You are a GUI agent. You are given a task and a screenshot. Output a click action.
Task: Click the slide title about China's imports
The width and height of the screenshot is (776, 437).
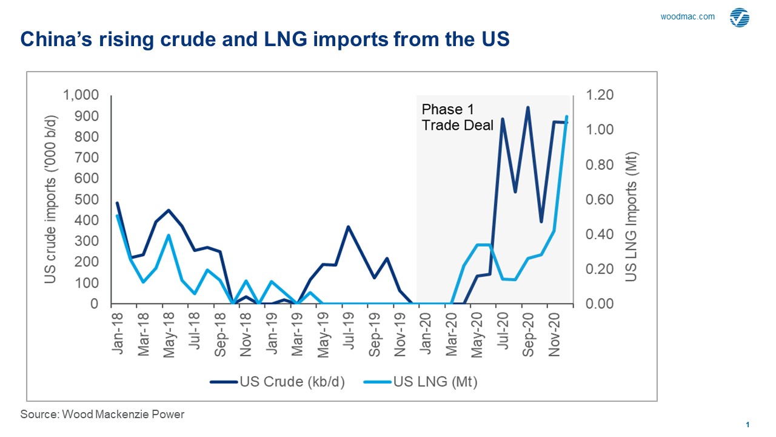[266, 39]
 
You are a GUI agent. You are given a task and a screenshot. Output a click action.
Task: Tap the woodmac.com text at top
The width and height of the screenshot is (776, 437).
[687, 17]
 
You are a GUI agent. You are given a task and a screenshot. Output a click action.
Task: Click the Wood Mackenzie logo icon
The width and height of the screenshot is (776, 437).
[739, 18]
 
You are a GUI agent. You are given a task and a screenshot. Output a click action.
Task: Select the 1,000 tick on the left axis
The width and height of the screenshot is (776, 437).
[81, 95]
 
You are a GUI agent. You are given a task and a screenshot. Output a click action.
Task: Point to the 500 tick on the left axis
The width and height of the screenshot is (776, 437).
[87, 200]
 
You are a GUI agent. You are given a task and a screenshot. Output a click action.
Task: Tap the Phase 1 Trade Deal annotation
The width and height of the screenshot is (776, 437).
[457, 118]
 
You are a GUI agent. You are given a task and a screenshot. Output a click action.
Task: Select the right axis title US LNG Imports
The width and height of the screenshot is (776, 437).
[631, 217]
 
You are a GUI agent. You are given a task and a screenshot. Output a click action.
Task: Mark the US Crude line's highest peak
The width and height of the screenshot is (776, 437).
[528, 107]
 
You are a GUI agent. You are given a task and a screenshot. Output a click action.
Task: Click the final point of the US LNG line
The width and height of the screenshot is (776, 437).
[567, 117]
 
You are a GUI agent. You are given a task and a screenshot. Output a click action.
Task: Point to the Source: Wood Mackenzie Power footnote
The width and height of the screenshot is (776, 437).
[102, 415]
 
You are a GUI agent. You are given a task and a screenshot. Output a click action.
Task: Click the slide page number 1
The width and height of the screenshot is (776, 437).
[748, 424]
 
